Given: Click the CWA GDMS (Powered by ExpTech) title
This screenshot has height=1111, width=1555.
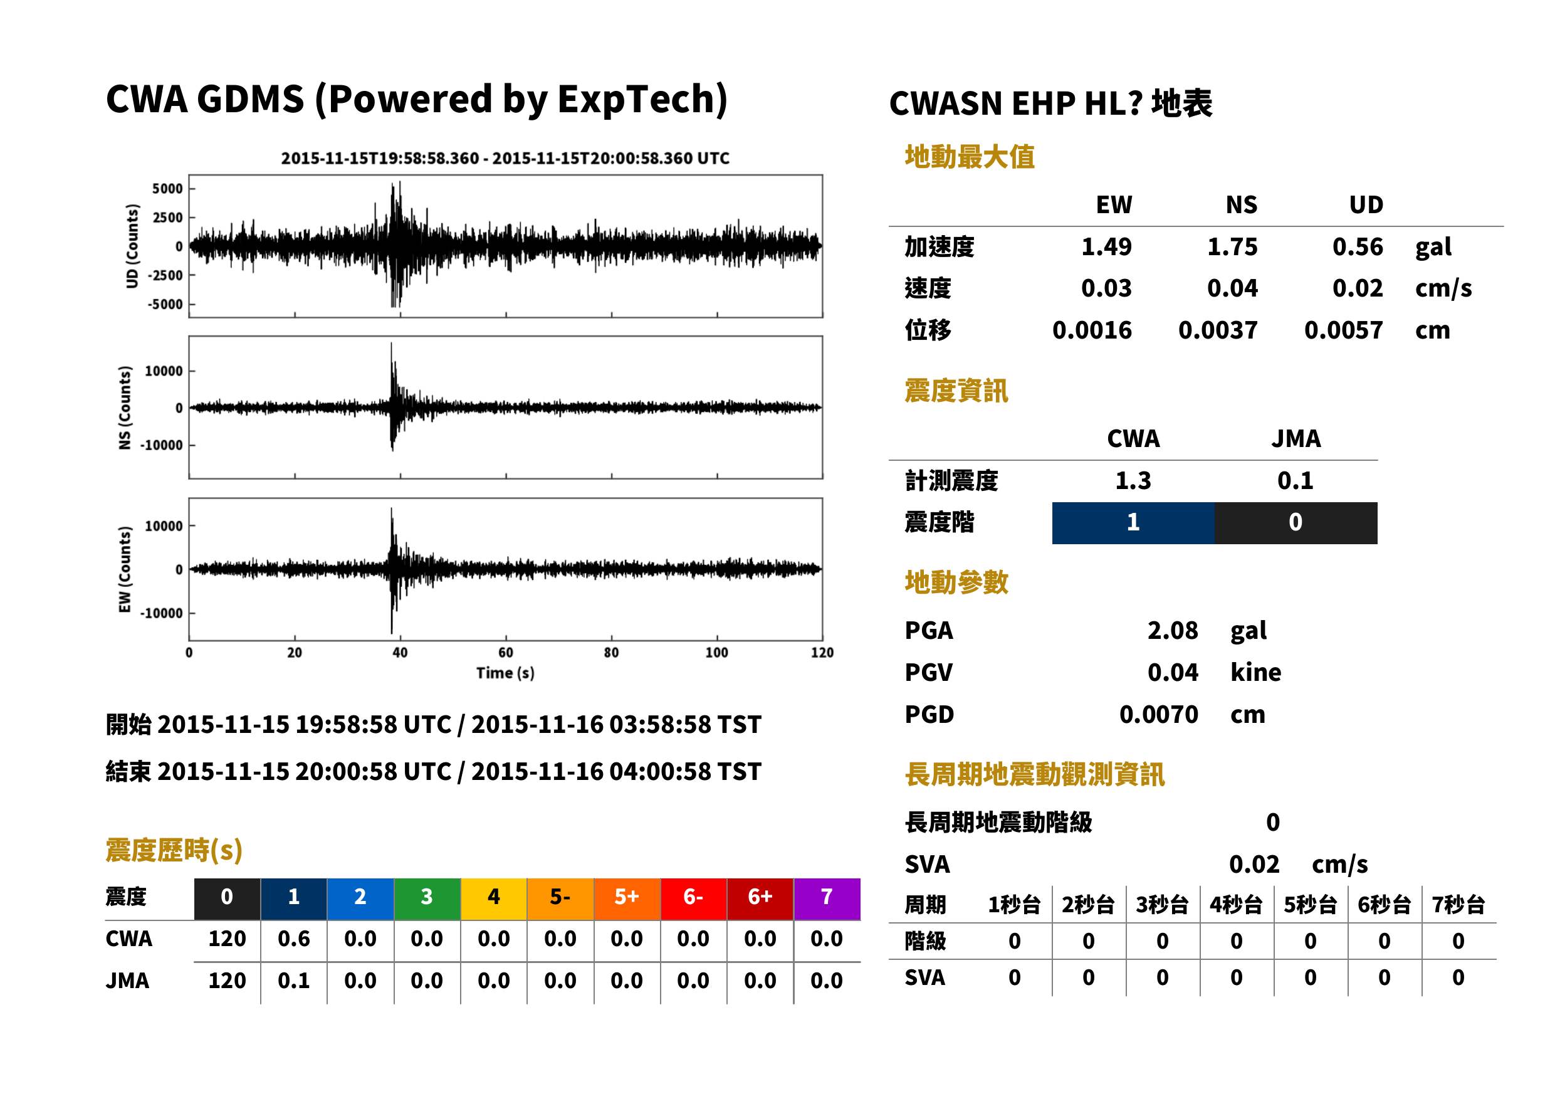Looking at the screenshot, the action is [x=416, y=100].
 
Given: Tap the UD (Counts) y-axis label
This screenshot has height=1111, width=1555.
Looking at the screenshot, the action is [x=132, y=246].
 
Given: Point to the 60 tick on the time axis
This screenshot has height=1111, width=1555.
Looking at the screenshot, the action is [x=505, y=653].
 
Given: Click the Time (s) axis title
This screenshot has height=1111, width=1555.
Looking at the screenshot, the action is [x=505, y=673].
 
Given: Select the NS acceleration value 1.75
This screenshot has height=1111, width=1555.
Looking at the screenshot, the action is [x=1232, y=247].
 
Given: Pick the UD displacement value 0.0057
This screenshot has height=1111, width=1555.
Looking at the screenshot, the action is [x=1344, y=330].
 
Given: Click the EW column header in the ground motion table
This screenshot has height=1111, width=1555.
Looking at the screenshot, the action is [x=1114, y=205].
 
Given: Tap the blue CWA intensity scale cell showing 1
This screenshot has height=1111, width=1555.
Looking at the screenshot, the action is [x=1133, y=523].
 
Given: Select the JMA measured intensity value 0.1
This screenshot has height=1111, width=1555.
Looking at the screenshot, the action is [x=1295, y=481].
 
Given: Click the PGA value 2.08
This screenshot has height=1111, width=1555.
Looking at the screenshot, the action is [x=1173, y=631].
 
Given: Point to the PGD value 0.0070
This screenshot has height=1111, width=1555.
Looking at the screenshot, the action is [x=1159, y=715].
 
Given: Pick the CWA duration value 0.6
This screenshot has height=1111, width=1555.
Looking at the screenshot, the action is [x=294, y=939].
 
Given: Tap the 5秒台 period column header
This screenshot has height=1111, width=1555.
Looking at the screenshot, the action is [x=1310, y=905].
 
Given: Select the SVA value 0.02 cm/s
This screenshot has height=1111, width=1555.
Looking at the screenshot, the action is [x=1299, y=865].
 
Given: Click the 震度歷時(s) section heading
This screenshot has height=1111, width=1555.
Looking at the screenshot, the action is [x=174, y=850].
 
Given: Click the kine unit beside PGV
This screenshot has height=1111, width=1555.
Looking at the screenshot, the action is [x=1255, y=673].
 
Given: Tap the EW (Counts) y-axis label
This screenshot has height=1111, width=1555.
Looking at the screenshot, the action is [x=125, y=569].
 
